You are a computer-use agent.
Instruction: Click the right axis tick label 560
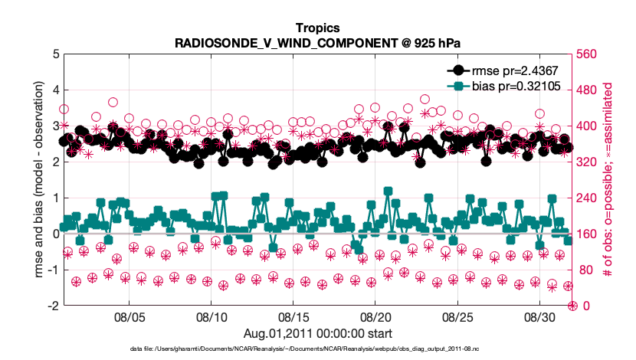(x=588, y=54)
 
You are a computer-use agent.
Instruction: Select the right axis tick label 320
(x=588, y=162)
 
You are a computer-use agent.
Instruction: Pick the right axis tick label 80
(x=585, y=270)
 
